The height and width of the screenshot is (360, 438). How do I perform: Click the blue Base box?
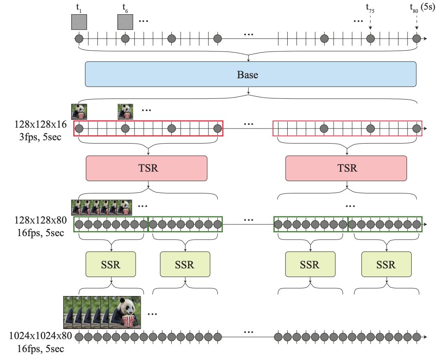(250, 75)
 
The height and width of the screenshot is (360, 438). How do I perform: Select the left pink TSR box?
(146, 168)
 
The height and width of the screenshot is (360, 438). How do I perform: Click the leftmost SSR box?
(111, 264)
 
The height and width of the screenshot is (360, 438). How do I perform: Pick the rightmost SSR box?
(386, 264)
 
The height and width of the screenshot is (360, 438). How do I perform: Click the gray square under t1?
(79, 22)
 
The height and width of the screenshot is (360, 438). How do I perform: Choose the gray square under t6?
(125, 22)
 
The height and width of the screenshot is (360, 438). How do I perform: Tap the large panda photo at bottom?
(124, 312)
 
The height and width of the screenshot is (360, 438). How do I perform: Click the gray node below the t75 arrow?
(370, 39)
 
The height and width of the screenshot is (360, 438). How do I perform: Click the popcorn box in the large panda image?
(128, 321)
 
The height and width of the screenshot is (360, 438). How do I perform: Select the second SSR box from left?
(185, 264)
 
